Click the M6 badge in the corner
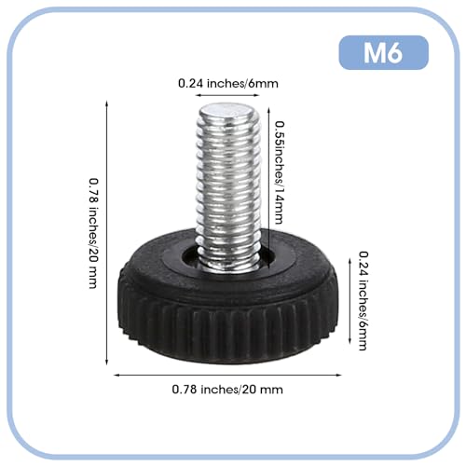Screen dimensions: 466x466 [x=383, y=53]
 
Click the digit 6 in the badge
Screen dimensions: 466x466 [x=396, y=53]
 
